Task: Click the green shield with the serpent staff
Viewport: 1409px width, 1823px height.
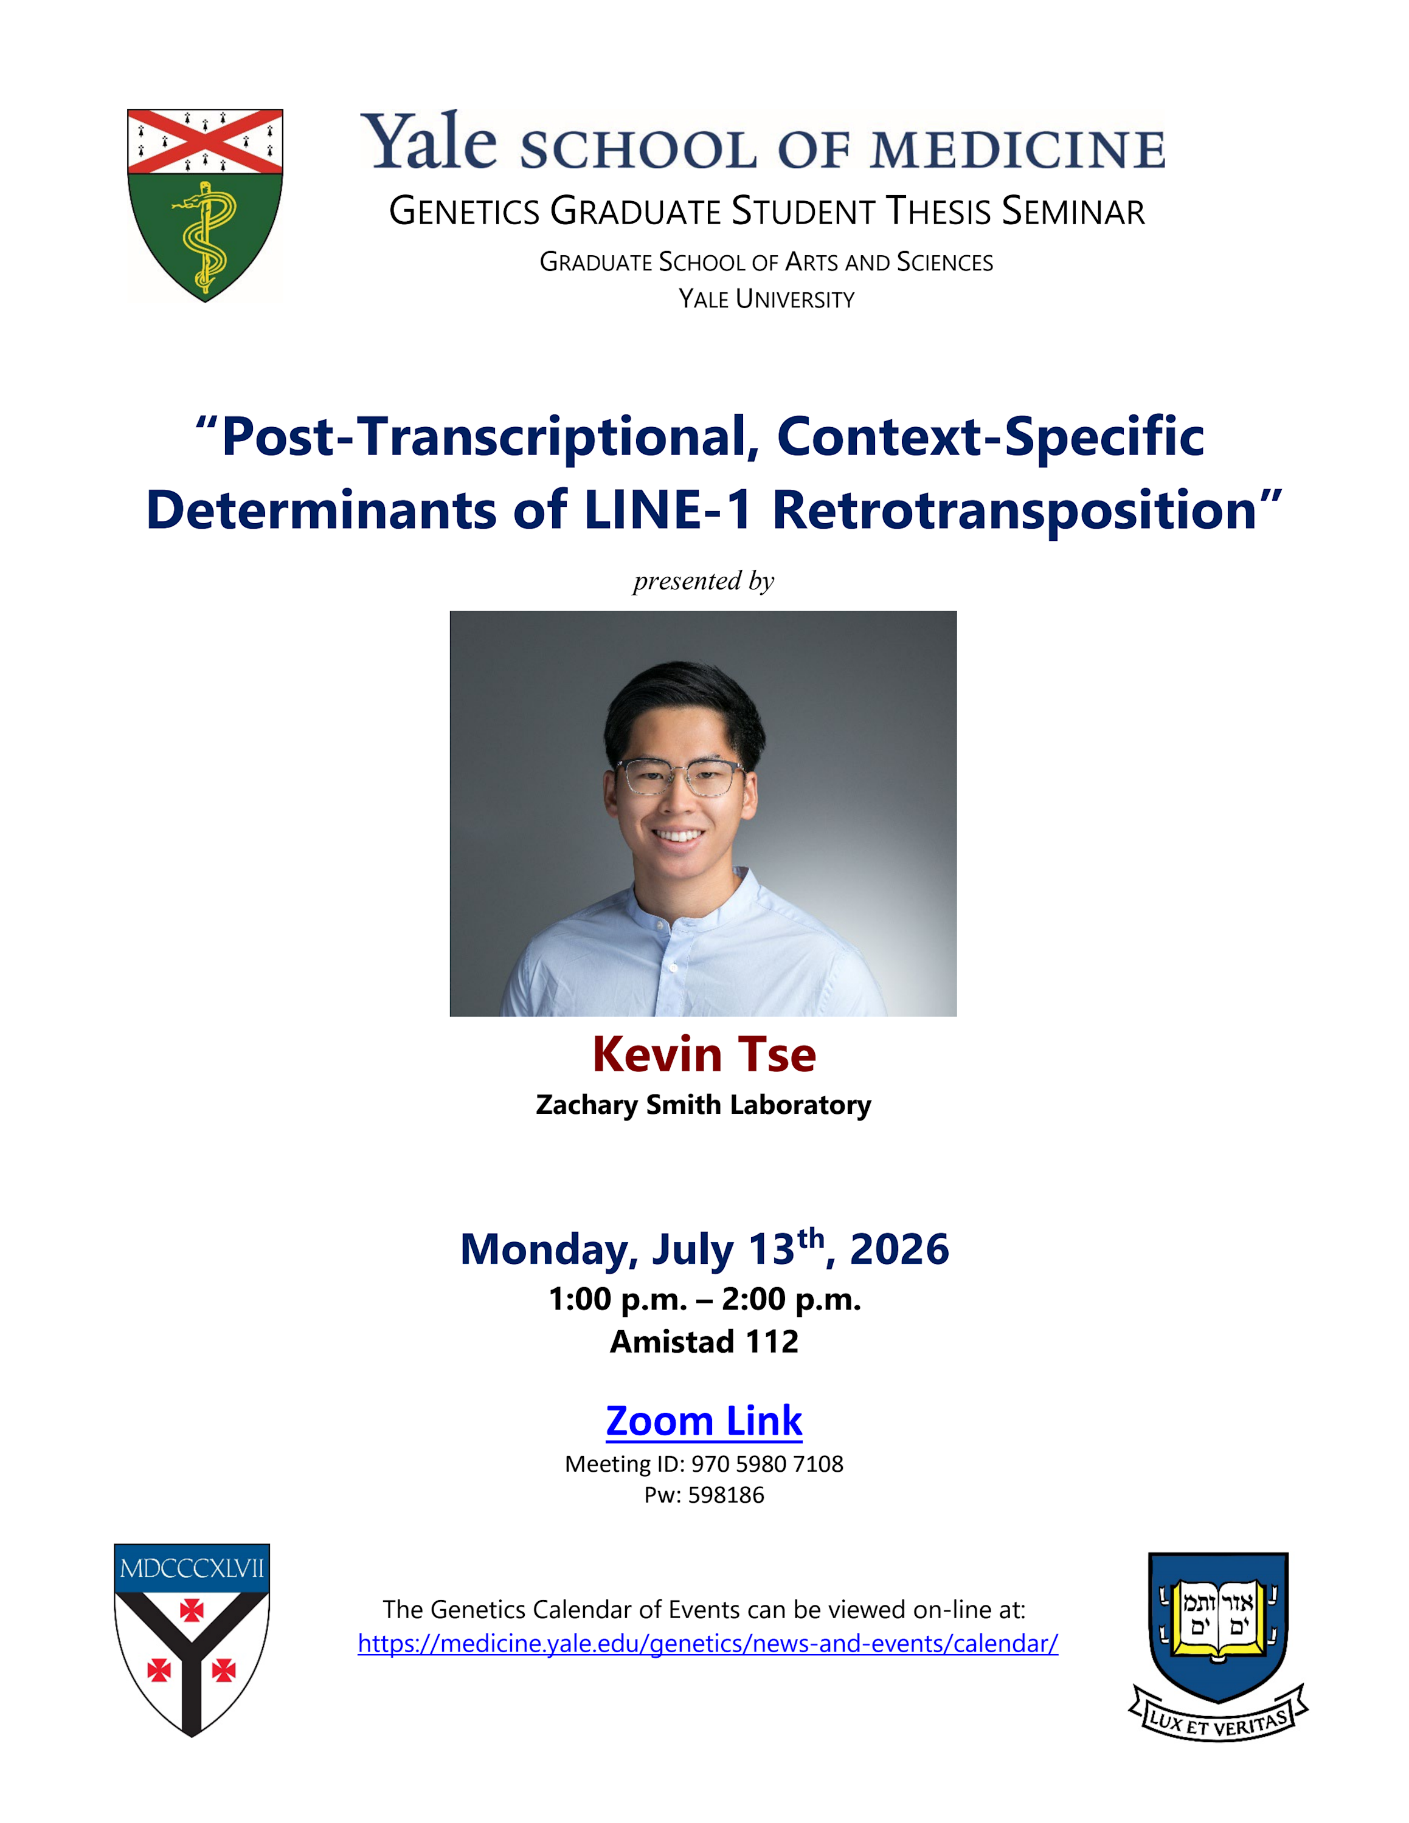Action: pyautogui.click(x=204, y=205)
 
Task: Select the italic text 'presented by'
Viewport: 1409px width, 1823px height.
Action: pyautogui.click(x=703, y=580)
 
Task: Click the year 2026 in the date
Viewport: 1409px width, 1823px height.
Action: pyautogui.click(x=899, y=1249)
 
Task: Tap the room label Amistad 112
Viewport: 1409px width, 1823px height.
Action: pyautogui.click(x=704, y=1341)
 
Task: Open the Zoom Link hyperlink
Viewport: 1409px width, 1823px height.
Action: pyautogui.click(x=704, y=1421)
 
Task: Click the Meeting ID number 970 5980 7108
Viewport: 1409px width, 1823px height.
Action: pyautogui.click(x=767, y=1463)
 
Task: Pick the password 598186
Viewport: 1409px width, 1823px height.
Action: pyautogui.click(x=726, y=1495)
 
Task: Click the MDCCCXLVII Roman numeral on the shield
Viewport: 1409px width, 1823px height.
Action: pyautogui.click(x=192, y=1568)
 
